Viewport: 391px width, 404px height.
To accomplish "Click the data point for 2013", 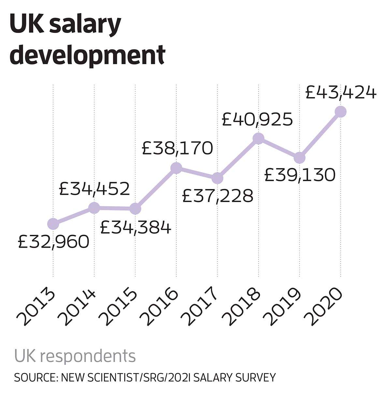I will (x=53, y=224).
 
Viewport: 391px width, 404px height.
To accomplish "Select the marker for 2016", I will (x=176, y=168).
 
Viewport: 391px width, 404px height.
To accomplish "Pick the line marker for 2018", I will (x=258, y=138).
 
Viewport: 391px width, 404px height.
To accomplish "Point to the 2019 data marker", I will (x=299, y=158).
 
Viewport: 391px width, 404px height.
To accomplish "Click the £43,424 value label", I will (x=341, y=93).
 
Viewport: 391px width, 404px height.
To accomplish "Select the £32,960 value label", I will (x=53, y=242).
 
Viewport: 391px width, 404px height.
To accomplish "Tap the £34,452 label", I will (x=94, y=189).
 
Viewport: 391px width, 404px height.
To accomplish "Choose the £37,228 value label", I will (x=218, y=196).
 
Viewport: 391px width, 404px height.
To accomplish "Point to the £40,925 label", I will (x=257, y=120).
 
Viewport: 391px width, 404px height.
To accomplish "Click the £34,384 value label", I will (x=136, y=227).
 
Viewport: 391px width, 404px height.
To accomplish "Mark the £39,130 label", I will (x=300, y=175).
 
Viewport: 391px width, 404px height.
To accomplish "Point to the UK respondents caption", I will (x=75, y=356).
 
